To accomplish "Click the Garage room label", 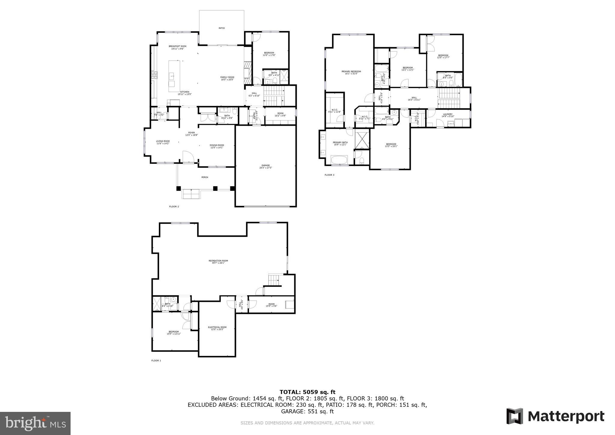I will pyautogui.click(x=266, y=166).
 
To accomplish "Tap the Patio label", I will pyautogui.click(x=221, y=28).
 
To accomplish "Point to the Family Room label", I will pyautogui.click(x=227, y=78).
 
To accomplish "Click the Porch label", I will pyautogui.click(x=204, y=177).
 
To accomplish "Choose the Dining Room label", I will pyautogui.click(x=217, y=146).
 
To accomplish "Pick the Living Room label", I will pyautogui.click(x=163, y=142).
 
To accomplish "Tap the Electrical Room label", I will pyautogui.click(x=217, y=328).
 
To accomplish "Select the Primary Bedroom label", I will pyautogui.click(x=351, y=72).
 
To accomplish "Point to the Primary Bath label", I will pyautogui.click(x=340, y=143).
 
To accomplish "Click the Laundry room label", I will pyautogui.click(x=447, y=115).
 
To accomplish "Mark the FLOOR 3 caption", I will pyautogui.click(x=329, y=175).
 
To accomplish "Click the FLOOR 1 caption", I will pyautogui.click(x=156, y=360).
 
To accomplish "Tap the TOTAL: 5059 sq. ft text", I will pyautogui.click(x=307, y=392).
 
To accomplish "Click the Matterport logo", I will pyautogui.click(x=555, y=416).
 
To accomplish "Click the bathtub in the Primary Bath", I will pyautogui.click(x=339, y=160).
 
